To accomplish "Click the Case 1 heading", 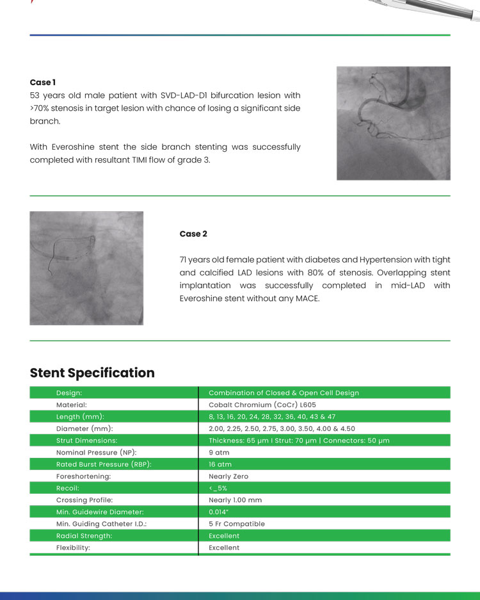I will click(x=43, y=83).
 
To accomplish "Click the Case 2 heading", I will click(x=193, y=234).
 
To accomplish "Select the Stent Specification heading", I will click(x=92, y=373).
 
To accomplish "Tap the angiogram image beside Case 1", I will click(x=393, y=123).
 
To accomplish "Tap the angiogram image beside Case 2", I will click(x=86, y=268).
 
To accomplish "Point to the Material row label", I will click(x=72, y=405).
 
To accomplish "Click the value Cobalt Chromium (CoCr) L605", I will click(x=262, y=405).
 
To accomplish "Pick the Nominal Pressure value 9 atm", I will click(x=220, y=453).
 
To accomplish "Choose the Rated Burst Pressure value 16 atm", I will click(x=220, y=464).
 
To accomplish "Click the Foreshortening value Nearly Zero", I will click(x=228, y=476).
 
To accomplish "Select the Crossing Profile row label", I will click(x=86, y=500).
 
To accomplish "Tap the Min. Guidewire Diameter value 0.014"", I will click(x=219, y=512).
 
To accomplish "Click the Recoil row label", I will click(x=68, y=488).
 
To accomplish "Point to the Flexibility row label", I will click(x=73, y=547).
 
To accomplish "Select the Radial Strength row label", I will click(x=84, y=536).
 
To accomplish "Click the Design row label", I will click(x=69, y=393).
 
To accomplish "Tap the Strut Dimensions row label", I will click(x=86, y=441).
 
